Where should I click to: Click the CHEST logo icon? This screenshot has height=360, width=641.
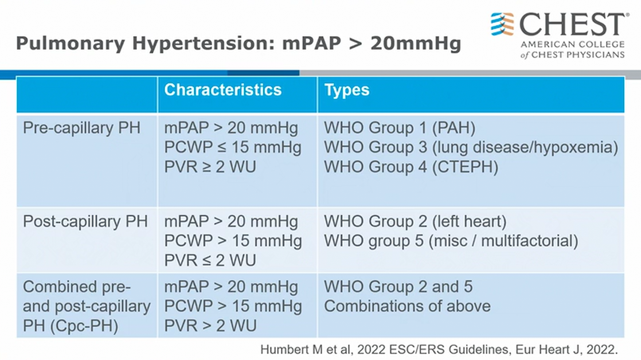tap(502, 24)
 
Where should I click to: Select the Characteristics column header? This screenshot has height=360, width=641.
tap(223, 90)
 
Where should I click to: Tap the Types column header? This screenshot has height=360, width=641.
tap(347, 91)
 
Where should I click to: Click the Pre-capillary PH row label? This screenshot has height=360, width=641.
tap(82, 128)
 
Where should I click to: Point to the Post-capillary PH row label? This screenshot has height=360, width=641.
tap(85, 221)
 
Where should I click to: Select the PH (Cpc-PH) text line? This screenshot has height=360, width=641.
tap(71, 326)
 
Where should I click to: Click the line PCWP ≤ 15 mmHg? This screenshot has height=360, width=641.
tap(233, 147)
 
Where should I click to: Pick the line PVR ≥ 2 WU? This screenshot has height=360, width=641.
tap(210, 167)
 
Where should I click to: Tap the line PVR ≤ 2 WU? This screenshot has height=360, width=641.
tap(210, 261)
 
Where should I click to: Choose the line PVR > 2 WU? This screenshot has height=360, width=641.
tap(210, 326)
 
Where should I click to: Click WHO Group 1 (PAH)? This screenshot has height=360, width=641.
tap(400, 128)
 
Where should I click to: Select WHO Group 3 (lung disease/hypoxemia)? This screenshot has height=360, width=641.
tap(471, 147)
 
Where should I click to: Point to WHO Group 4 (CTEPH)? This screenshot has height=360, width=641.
tap(411, 167)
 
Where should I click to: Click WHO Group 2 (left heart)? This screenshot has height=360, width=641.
tap(415, 221)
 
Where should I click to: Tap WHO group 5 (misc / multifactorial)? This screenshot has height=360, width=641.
tap(451, 241)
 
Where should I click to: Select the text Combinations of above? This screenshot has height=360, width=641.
tap(407, 306)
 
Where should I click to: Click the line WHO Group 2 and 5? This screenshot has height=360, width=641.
tap(398, 287)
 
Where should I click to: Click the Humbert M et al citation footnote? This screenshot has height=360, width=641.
tap(439, 350)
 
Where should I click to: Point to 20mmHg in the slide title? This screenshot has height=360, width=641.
tap(416, 44)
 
